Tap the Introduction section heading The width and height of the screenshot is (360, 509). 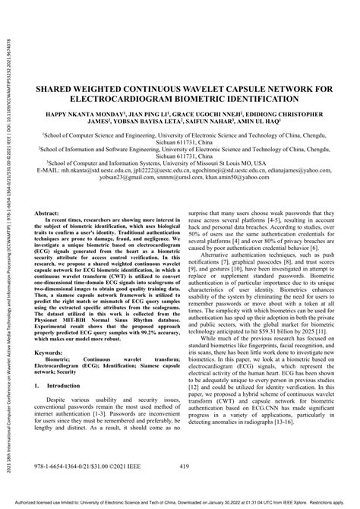[x=69, y=407]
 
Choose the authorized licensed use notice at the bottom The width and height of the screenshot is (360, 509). [x=179, y=503]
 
